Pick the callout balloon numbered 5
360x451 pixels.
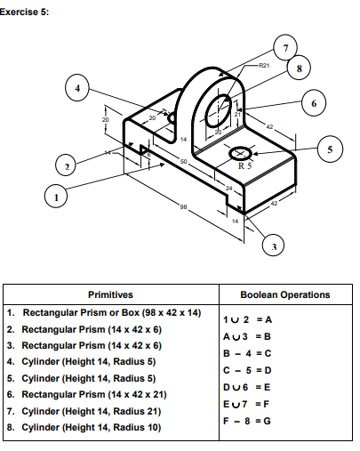click(x=330, y=149)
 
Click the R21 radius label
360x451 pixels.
click(x=263, y=67)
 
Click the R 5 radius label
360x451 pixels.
click(x=243, y=165)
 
